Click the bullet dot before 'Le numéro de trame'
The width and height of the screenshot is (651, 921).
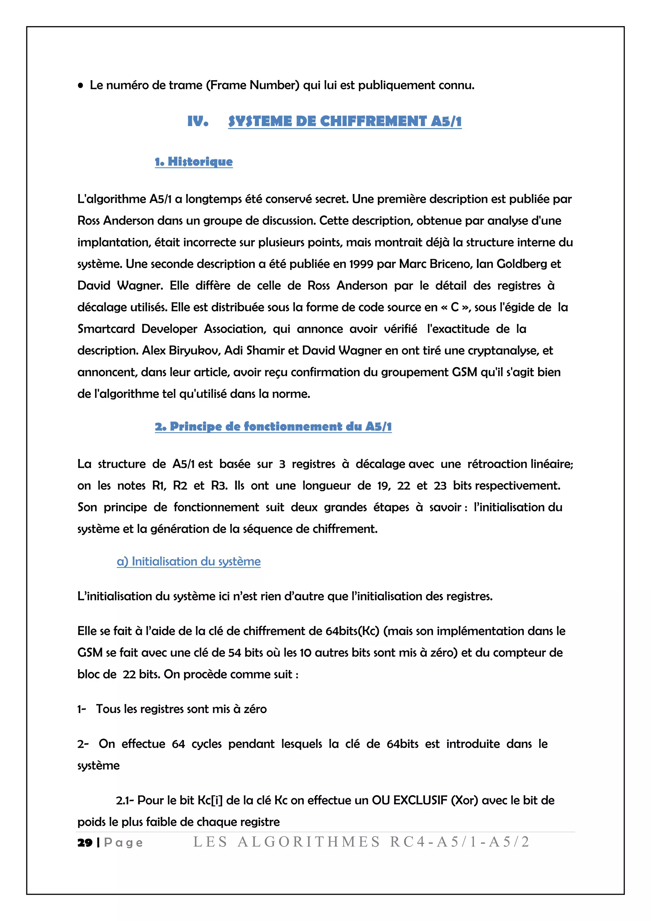click(80, 86)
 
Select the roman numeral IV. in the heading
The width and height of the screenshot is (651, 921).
click(198, 121)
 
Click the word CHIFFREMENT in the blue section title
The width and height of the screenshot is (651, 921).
click(373, 121)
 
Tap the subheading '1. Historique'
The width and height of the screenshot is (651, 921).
click(194, 162)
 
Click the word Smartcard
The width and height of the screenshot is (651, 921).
click(106, 329)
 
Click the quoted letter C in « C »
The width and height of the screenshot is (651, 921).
click(455, 307)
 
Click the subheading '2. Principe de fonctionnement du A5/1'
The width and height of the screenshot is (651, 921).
click(273, 426)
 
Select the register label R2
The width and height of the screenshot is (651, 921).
click(180, 486)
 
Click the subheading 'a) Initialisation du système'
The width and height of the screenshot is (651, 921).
click(188, 561)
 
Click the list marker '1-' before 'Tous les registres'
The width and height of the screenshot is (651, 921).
click(82, 709)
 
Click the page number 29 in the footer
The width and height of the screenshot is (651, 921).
click(85, 843)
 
